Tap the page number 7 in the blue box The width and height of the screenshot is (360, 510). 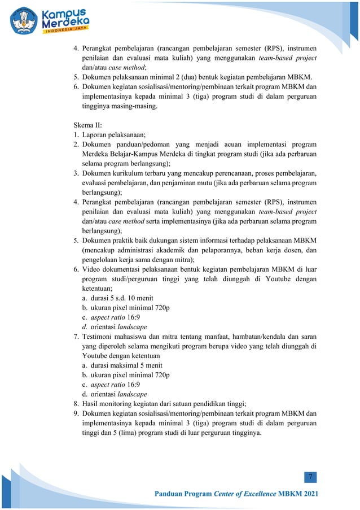tap(310, 478)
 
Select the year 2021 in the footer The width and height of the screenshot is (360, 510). tap(309, 495)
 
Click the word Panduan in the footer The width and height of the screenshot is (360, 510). tap(170, 495)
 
